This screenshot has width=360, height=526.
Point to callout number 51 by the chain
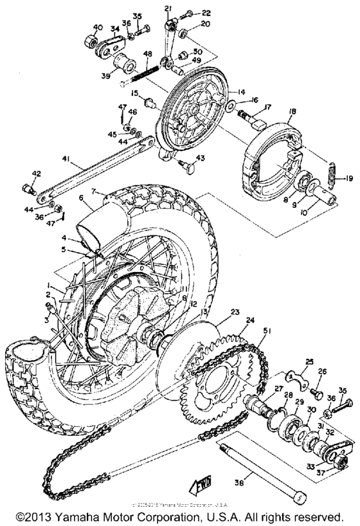tap(266, 331)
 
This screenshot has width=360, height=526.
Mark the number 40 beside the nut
tap(98, 27)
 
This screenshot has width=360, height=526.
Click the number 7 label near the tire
tap(93, 191)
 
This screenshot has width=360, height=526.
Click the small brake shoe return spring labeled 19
tap(332, 171)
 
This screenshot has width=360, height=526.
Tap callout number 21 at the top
tap(168, 8)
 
